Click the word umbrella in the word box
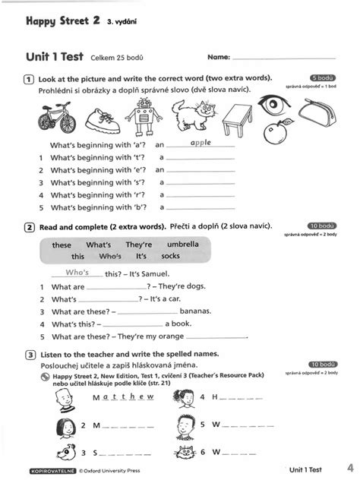click(183, 245)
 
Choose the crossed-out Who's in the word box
click(111, 257)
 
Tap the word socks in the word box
click(171, 257)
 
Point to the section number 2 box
click(28, 226)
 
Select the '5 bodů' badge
click(324, 77)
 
